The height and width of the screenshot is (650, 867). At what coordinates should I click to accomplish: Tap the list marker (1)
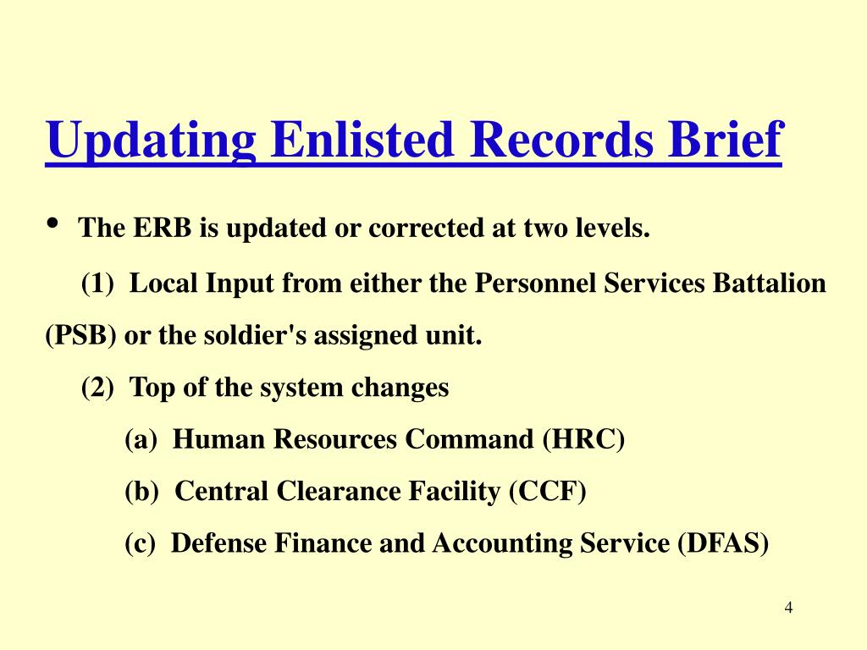[x=98, y=283]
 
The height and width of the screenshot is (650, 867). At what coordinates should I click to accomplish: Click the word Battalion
[x=770, y=283]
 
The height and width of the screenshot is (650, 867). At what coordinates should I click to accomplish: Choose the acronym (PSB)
[x=80, y=336]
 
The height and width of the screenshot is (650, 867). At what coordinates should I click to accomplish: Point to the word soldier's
[x=257, y=336]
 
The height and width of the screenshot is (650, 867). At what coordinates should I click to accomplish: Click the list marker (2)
[x=98, y=388]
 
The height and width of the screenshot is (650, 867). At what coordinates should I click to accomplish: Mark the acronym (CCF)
[x=547, y=491]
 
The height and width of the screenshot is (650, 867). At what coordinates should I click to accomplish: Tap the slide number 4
[x=788, y=608]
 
